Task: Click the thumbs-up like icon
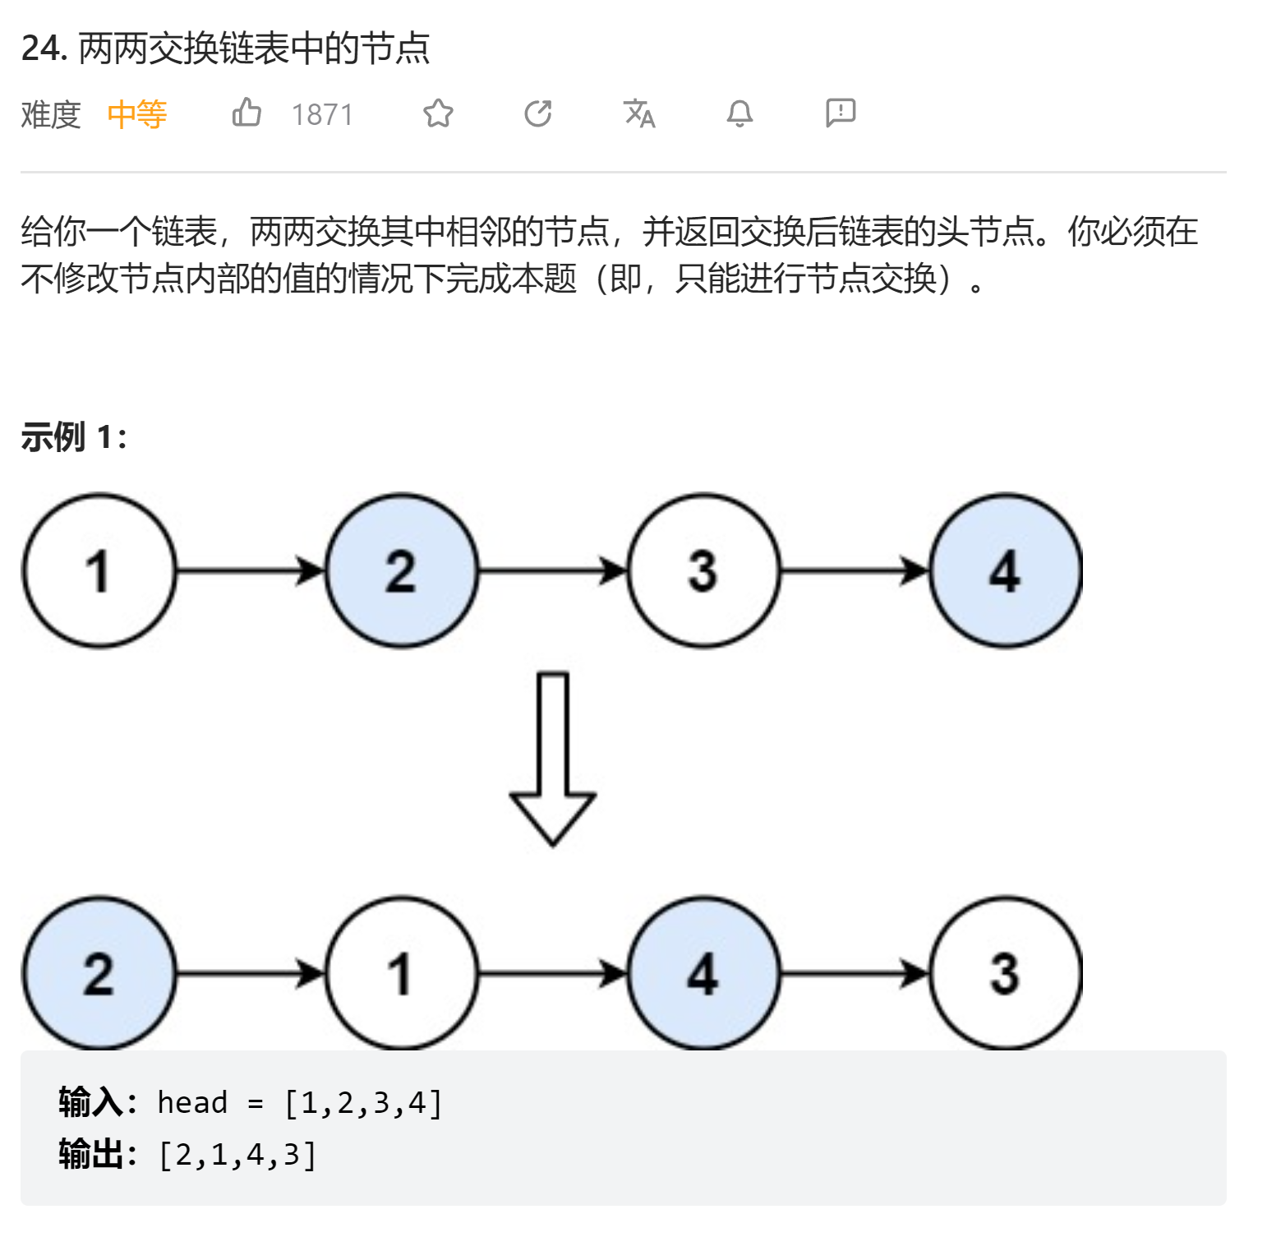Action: [246, 113]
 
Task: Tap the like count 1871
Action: [322, 114]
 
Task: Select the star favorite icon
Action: [438, 113]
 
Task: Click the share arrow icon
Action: [538, 113]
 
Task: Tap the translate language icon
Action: [639, 113]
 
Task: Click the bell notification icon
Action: [739, 113]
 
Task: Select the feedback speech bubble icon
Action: [841, 113]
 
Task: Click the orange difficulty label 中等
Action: [137, 114]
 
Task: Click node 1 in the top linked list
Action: [99, 570]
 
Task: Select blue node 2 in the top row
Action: [401, 570]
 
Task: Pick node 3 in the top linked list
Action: [703, 570]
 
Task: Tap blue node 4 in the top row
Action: [1005, 570]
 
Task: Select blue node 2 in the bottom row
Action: [99, 974]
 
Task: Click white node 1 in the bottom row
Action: [401, 974]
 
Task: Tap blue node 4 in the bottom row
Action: [703, 974]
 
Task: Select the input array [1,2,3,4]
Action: [363, 1102]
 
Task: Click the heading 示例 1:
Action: [74, 437]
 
